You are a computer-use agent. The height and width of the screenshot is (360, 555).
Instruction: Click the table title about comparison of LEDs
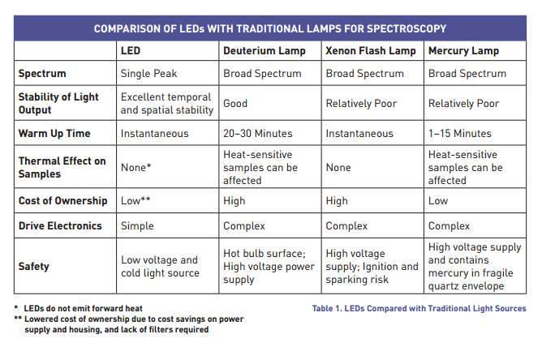pyautogui.click(x=269, y=29)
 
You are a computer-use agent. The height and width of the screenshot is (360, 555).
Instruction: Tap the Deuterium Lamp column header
pyautogui.click(x=265, y=51)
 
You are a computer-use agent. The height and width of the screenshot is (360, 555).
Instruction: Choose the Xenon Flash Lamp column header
pyautogui.click(x=371, y=51)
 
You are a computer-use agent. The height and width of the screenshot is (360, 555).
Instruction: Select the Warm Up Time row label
pyautogui.click(x=54, y=133)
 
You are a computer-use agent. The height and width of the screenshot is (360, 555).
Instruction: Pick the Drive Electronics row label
pyautogui.click(x=60, y=226)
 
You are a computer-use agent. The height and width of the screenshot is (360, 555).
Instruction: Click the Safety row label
pyautogui.click(x=35, y=266)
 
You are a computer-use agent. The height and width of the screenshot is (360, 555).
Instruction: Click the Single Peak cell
pyautogui.click(x=148, y=74)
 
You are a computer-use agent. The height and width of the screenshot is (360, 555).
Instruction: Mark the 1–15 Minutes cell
pyautogui.click(x=460, y=133)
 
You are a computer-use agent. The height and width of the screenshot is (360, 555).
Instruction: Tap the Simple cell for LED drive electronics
pyautogui.click(x=137, y=226)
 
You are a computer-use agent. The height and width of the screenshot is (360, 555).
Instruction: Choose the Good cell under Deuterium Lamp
pyautogui.click(x=235, y=103)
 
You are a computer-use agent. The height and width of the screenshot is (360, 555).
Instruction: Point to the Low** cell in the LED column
pyautogui.click(x=136, y=200)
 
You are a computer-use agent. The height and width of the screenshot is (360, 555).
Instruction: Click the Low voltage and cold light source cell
pyautogui.click(x=160, y=266)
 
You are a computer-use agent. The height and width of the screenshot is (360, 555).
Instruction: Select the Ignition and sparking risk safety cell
pyautogui.click(x=372, y=267)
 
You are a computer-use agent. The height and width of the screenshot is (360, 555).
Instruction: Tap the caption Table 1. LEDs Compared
pyautogui.click(x=419, y=309)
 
